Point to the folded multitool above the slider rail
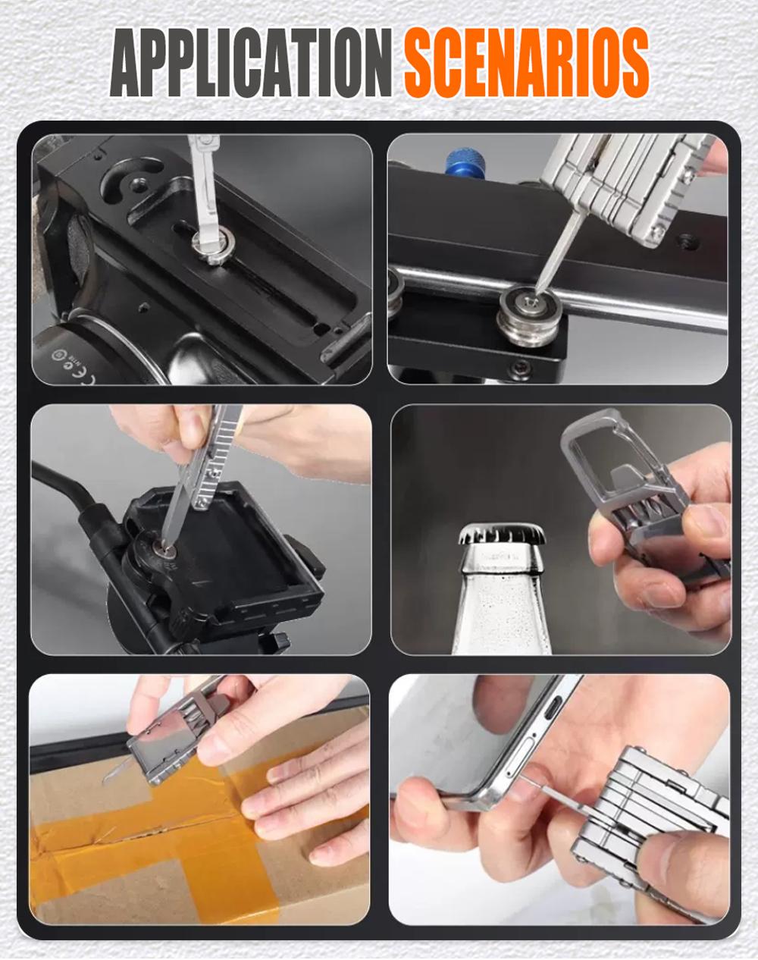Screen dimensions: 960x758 pos(629,186)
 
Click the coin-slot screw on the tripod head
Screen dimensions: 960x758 pos(161,546)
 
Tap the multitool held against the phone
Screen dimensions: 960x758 pos(652,819)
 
